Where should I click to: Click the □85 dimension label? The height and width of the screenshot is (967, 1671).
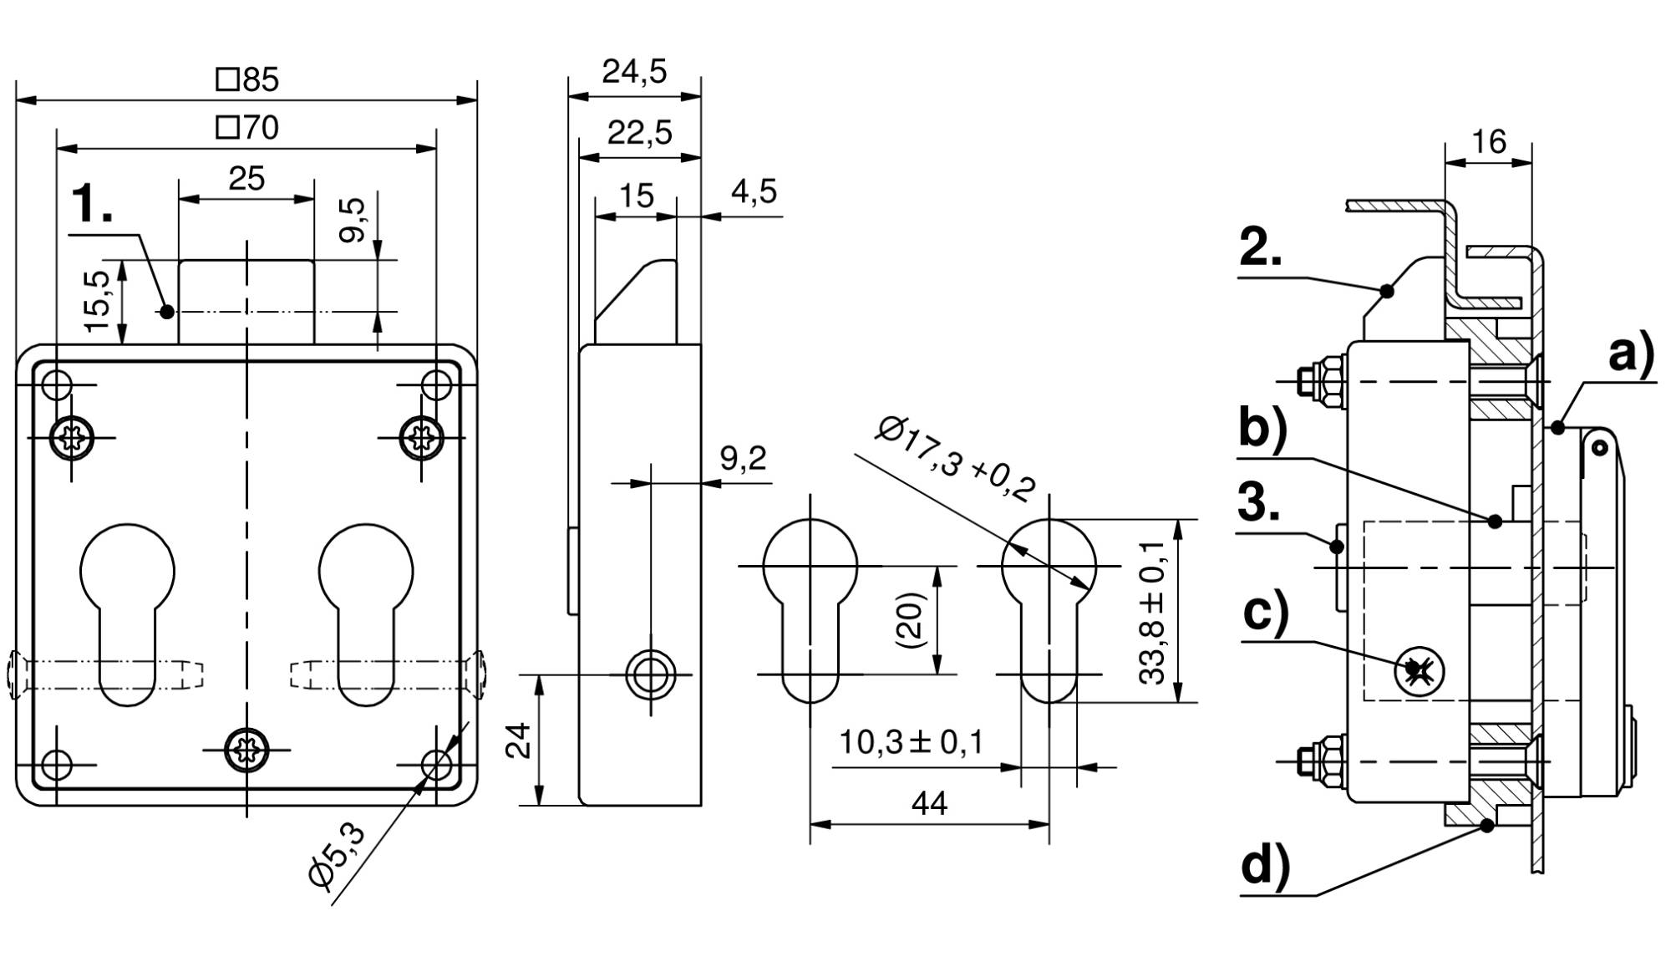tap(247, 79)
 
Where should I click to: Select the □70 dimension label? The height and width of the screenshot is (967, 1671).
tap(247, 128)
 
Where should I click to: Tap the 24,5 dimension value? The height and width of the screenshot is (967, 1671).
tap(635, 72)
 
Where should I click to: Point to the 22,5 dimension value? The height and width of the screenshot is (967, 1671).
tap(639, 133)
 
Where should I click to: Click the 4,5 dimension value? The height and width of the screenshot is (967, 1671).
tap(754, 191)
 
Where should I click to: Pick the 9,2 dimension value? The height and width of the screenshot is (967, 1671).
tap(743, 458)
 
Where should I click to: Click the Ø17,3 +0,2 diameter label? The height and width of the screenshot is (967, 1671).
tap(956, 460)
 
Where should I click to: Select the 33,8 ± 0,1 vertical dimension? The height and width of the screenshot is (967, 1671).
tap(1152, 612)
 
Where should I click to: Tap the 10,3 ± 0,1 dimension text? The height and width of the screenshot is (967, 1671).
tap(911, 742)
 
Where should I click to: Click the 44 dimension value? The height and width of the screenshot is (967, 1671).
tap(929, 804)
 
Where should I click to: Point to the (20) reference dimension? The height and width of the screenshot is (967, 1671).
tap(910, 620)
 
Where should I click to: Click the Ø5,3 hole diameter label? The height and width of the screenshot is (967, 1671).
tap(336, 853)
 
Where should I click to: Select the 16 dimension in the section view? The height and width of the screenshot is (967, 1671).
tap(1489, 142)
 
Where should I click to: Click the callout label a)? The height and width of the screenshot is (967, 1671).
tap(1631, 354)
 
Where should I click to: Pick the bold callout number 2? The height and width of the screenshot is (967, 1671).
tap(1260, 247)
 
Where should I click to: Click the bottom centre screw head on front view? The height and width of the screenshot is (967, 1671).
tap(247, 750)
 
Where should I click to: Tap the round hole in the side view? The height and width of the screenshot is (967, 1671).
tap(651, 674)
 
